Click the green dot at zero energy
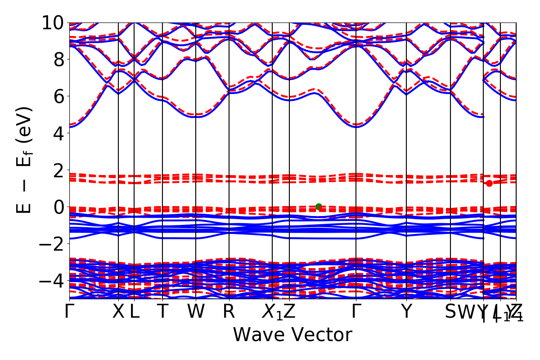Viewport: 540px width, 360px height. click(319, 207)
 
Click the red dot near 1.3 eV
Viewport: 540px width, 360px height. click(489, 183)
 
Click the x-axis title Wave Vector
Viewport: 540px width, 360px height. click(292, 335)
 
